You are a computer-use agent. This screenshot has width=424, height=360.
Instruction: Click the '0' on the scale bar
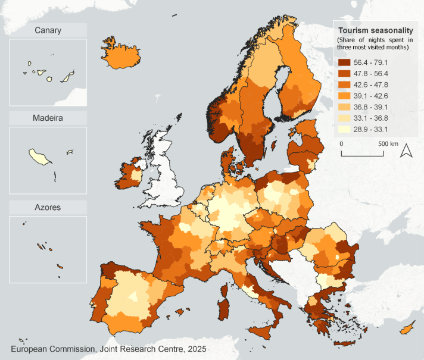pos(342,144)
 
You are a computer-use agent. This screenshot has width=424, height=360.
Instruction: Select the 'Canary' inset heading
pos(48,30)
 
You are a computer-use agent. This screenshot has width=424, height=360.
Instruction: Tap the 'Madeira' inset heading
pos(48,118)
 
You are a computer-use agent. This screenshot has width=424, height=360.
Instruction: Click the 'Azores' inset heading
pos(48,207)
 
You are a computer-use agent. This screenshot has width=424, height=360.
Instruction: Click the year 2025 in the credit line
pos(194,349)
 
